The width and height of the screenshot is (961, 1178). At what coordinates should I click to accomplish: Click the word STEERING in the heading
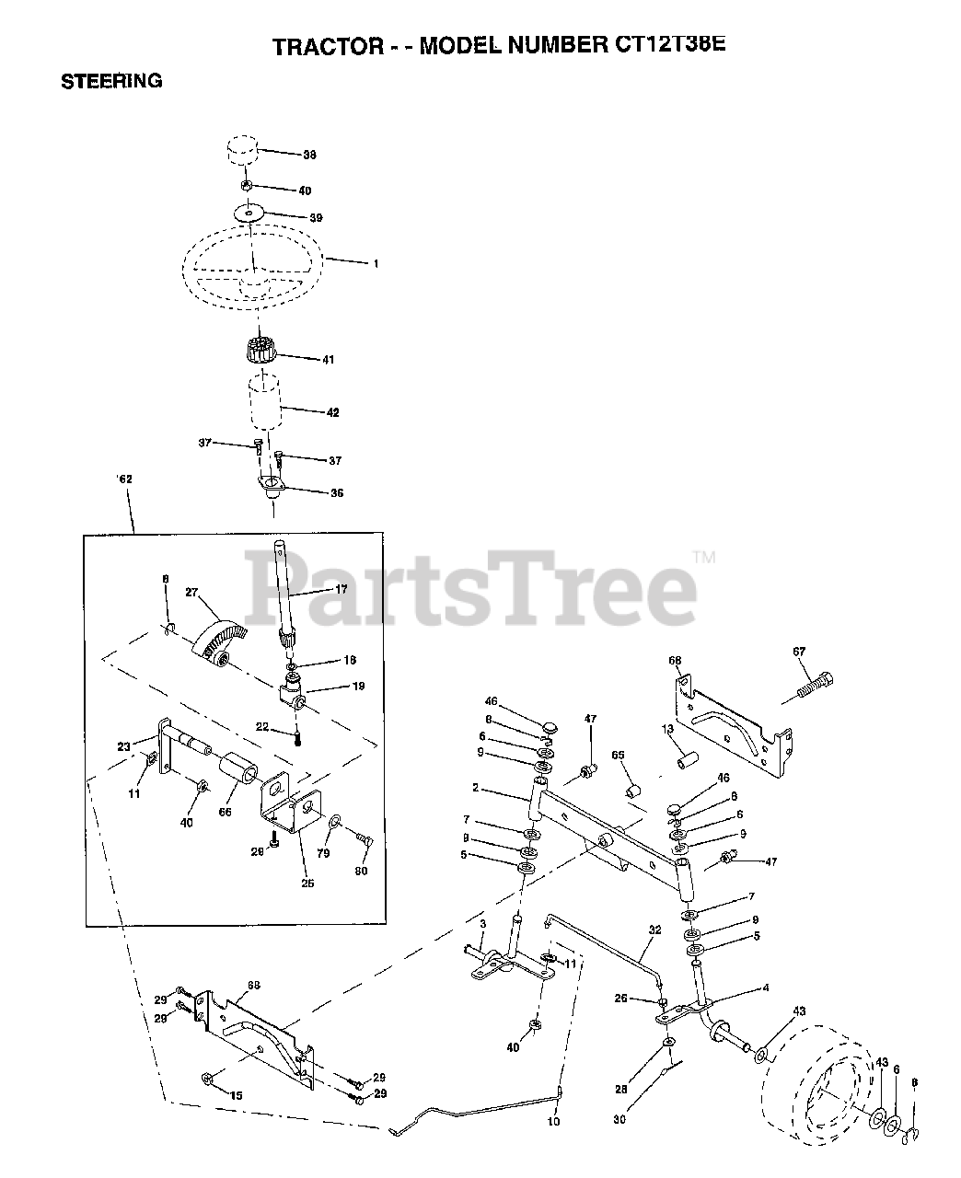pos(111,81)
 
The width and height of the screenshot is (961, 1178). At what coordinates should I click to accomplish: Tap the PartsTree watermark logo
pos(469,586)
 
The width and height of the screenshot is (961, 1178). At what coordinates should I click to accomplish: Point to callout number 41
pos(301,359)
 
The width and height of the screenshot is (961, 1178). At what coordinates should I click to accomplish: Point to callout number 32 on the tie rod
pos(654,930)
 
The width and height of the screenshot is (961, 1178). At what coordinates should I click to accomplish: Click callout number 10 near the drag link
pos(552,1122)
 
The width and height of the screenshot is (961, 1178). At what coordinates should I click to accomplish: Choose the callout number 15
pos(236,1095)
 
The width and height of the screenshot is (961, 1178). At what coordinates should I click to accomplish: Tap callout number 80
pos(361,872)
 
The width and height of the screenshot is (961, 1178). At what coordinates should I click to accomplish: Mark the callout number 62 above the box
pos(125,503)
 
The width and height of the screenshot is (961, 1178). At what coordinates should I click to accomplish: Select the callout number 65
pos(619,755)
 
